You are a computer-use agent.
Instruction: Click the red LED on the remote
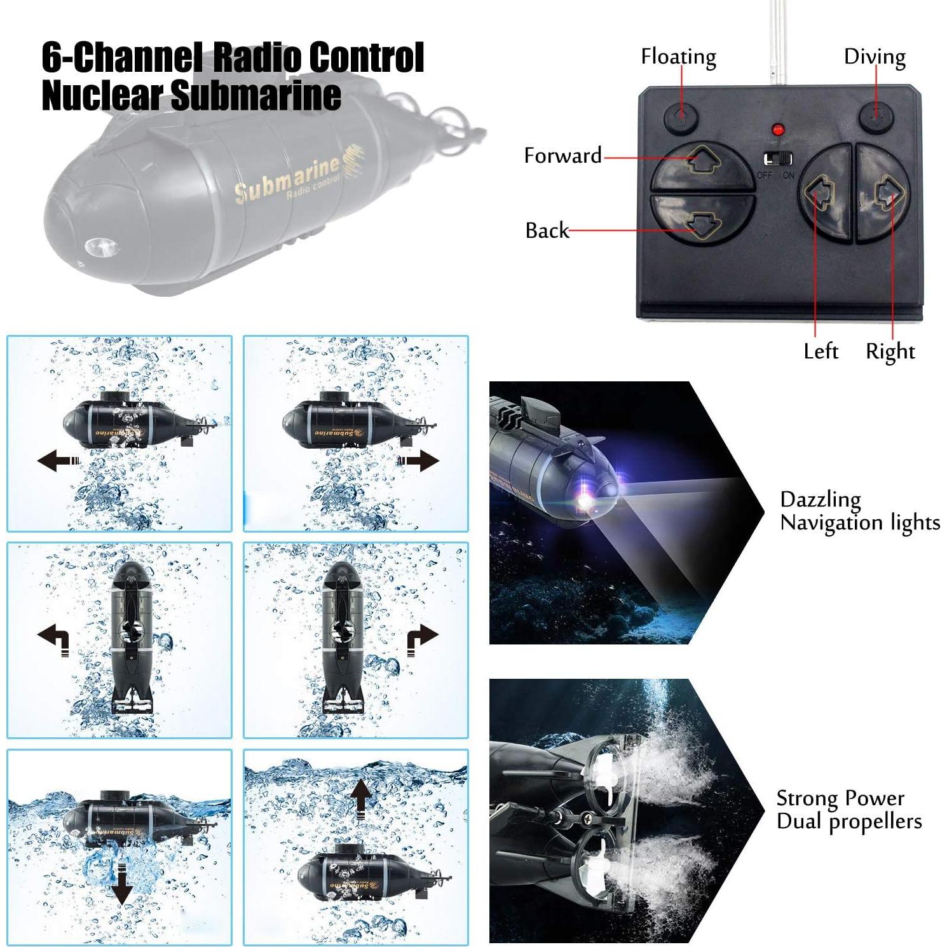pos(776,130)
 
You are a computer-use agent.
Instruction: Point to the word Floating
pos(678,57)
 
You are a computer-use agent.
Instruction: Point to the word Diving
pos(875,57)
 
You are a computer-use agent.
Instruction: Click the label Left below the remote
pos(821,351)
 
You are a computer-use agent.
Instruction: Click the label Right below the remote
pos(890,352)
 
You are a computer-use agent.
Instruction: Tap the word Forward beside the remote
pos(562,156)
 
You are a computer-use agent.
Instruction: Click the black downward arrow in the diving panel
pos(121,887)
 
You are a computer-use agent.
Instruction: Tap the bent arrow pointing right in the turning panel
pos(422,637)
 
